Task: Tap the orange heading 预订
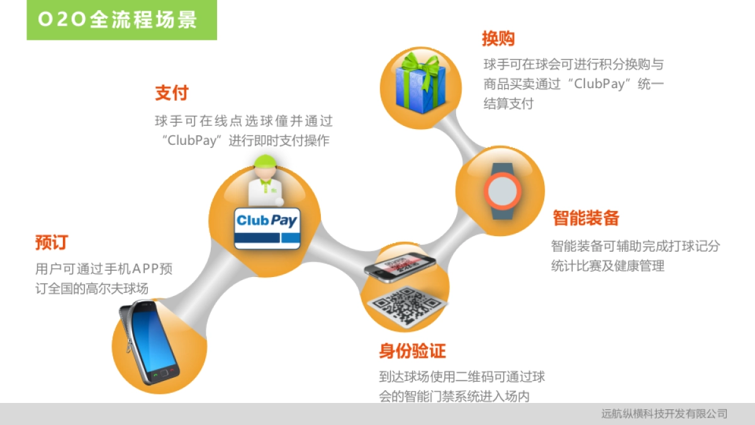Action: (x=51, y=242)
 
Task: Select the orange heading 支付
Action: (x=171, y=93)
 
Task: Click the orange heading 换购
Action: (x=498, y=39)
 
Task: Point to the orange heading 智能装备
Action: (x=586, y=218)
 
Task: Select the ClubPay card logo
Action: (x=267, y=220)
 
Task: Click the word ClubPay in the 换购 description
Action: (x=602, y=84)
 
